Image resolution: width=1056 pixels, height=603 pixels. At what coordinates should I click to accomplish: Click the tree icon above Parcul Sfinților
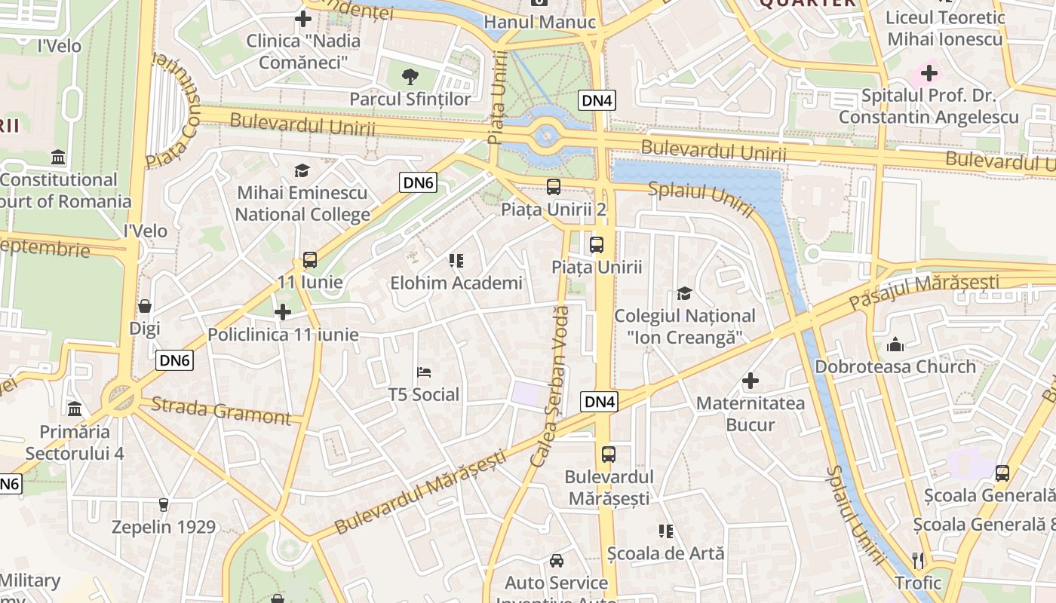(410, 76)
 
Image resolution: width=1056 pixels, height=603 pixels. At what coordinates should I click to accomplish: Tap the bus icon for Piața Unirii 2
(554, 187)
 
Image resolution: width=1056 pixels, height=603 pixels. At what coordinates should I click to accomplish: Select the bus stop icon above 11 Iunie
(309, 260)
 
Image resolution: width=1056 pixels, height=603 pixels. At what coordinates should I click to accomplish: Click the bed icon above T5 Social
(424, 372)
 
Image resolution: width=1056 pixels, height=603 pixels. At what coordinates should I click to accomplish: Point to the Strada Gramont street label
(220, 410)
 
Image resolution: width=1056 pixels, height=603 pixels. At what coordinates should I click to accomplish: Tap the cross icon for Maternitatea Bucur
(750, 381)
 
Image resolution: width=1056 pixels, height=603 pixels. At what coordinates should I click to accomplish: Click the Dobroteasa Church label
(895, 367)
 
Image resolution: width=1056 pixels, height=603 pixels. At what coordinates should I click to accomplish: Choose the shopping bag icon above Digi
(145, 306)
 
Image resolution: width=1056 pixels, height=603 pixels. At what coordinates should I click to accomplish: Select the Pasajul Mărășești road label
(924, 291)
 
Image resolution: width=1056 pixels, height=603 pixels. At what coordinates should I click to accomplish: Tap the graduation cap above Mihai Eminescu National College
(302, 170)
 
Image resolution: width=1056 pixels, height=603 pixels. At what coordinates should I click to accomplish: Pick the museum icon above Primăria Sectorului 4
(75, 409)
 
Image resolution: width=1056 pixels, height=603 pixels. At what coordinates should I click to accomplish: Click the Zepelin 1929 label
(164, 527)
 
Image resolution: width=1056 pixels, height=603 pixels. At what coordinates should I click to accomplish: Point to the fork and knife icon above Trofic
(918, 560)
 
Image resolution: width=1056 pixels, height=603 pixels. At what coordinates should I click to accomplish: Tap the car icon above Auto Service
(556, 560)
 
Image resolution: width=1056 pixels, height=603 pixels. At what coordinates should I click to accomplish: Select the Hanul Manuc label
(539, 22)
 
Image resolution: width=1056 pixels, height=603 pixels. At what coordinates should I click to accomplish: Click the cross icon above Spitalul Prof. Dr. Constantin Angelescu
(929, 73)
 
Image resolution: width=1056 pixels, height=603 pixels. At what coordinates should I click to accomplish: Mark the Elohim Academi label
(456, 283)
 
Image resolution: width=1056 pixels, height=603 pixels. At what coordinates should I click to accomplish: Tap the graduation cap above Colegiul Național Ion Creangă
(684, 293)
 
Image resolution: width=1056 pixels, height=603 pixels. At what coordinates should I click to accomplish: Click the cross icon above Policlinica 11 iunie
(283, 312)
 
